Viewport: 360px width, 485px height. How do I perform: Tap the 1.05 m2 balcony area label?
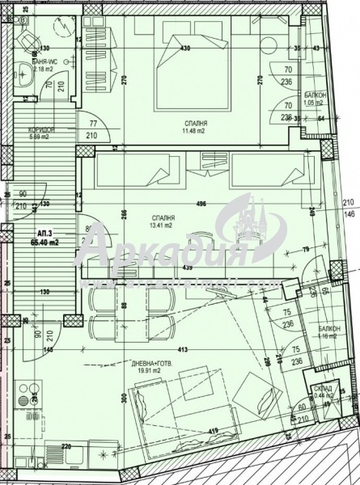(x=314, y=103)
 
